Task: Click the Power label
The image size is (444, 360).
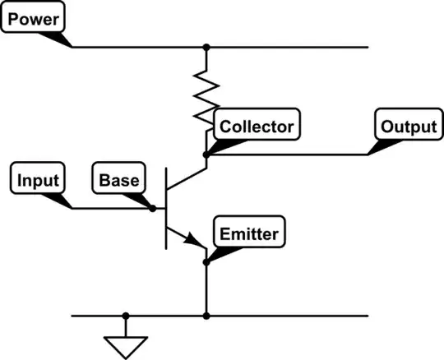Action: click(x=32, y=16)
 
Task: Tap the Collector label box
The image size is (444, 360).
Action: click(x=255, y=127)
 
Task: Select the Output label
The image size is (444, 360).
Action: click(x=406, y=127)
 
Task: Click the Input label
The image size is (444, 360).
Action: click(x=38, y=179)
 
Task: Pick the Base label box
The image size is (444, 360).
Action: click(x=119, y=179)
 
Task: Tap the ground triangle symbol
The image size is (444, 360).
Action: click(x=126, y=344)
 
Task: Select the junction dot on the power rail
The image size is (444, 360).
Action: click(x=206, y=47)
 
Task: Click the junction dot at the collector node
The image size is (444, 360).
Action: click(x=206, y=153)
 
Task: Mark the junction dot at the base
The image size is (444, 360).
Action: click(x=153, y=208)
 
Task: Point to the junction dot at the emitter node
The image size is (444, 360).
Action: click(x=206, y=262)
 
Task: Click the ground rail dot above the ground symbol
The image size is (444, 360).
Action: click(x=126, y=316)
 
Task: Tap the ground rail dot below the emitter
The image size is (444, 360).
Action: click(x=206, y=316)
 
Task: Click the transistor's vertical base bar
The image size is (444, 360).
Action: click(x=167, y=208)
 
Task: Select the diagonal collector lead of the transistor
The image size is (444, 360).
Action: click(x=187, y=181)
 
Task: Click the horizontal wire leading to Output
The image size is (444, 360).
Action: click(x=288, y=153)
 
